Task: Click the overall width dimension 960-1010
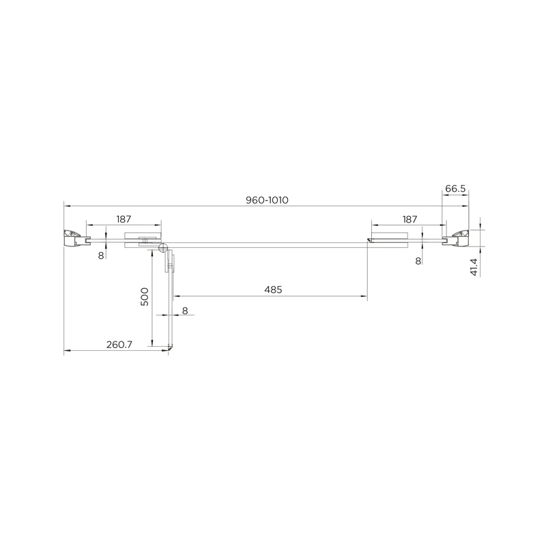pyautogui.click(x=268, y=200)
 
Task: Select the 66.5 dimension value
pyautogui.click(x=455, y=188)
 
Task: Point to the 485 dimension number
pyautogui.click(x=273, y=289)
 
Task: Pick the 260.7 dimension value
pyautogui.click(x=119, y=345)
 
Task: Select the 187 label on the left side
pyautogui.click(x=124, y=219)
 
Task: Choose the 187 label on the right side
pyautogui.click(x=409, y=219)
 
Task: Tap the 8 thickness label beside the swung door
pyautogui.click(x=185, y=311)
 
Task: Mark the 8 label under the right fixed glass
pyautogui.click(x=418, y=261)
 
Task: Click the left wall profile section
pyautogui.click(x=73, y=238)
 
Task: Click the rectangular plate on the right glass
pyautogui.click(x=389, y=239)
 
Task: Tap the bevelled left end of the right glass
pyautogui.click(x=369, y=240)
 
